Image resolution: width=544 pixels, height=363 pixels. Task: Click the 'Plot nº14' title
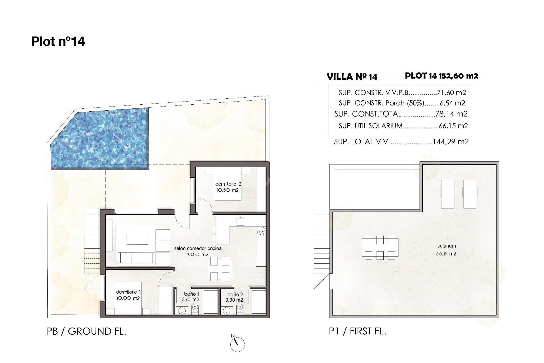tap(58, 41)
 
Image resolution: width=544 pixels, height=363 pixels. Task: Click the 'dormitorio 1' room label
tap(128, 292)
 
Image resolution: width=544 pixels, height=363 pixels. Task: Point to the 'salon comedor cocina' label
tap(198, 248)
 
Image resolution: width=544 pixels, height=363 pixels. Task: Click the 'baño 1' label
tap(192, 294)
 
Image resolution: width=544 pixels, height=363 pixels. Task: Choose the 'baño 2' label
tap(235, 295)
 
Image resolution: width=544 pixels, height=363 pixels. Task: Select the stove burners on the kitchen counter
tap(261, 232)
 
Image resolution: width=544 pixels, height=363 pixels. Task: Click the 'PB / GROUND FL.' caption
tap(86, 331)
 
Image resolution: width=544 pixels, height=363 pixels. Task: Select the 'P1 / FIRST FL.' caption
tap(358, 331)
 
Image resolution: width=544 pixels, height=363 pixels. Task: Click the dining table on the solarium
tap(380, 248)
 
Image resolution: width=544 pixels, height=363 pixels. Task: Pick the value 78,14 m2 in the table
tap(452, 114)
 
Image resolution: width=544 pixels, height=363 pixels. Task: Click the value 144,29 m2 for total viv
tap(450, 142)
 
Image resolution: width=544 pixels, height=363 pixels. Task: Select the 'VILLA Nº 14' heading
tap(352, 77)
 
